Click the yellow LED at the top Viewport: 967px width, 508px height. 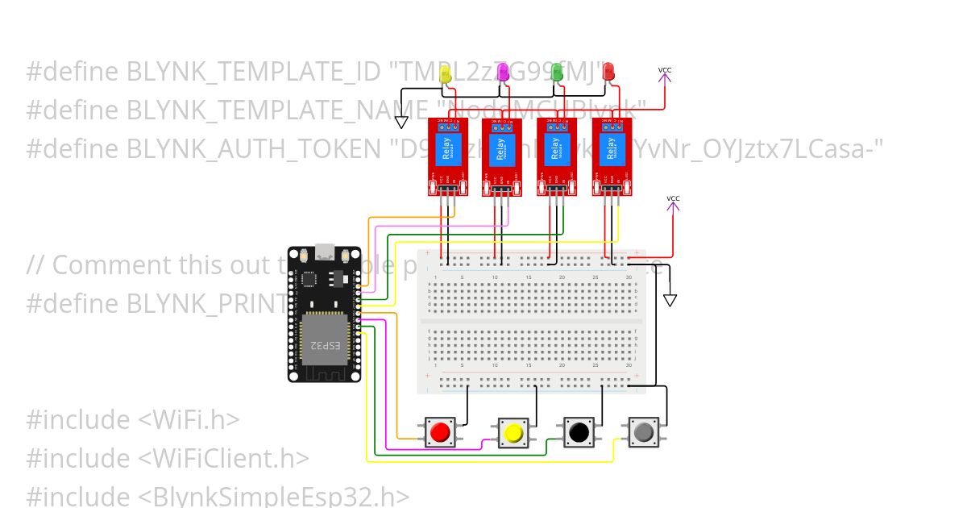(446, 74)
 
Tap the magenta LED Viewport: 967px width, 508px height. (502, 73)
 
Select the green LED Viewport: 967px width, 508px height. (556, 73)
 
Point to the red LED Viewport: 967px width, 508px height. (608, 73)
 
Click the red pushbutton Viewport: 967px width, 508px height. (439, 433)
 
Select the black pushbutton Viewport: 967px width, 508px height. (578, 432)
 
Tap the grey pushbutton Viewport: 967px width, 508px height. (643, 432)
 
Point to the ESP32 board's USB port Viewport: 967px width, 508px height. (326, 252)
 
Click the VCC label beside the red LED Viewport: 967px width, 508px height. (664, 70)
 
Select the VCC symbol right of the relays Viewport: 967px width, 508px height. (673, 199)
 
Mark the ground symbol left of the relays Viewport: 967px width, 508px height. (400, 122)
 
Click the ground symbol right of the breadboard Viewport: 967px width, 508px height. (670, 300)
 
